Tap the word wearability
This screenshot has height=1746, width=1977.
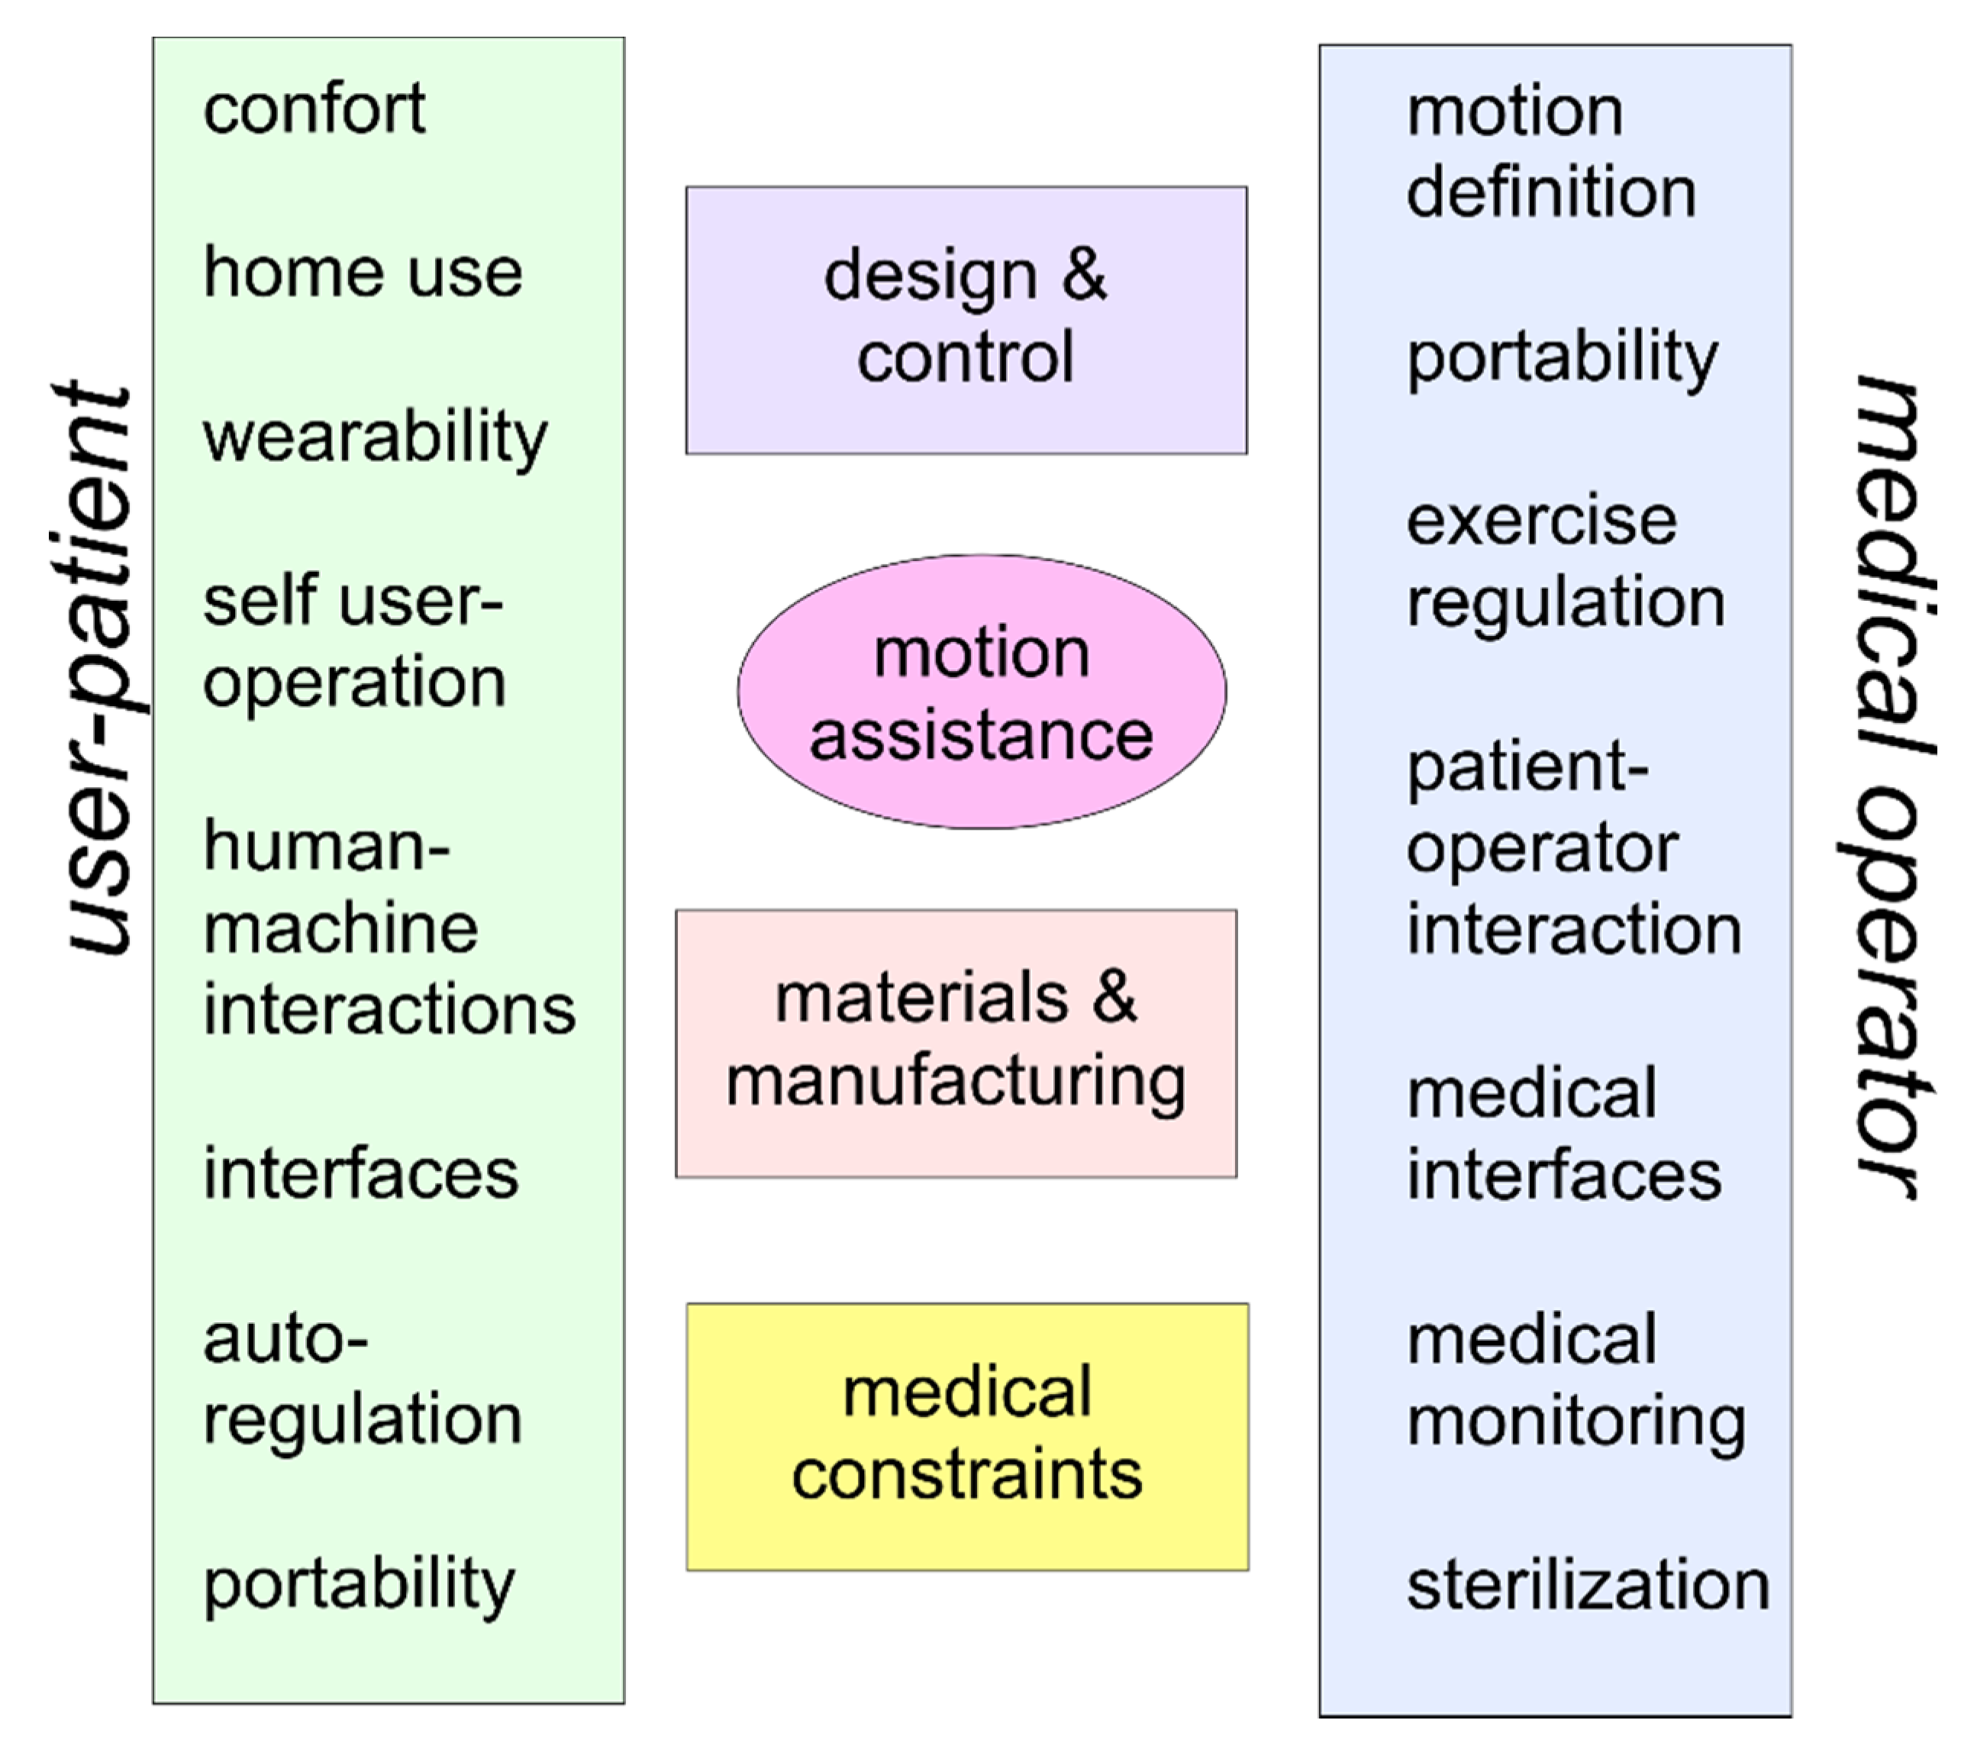(x=376, y=437)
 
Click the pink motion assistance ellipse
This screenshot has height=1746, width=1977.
(x=982, y=692)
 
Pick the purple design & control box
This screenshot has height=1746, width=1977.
(x=966, y=320)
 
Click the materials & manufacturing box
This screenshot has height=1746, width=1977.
(x=956, y=1043)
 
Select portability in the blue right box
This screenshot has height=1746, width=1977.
(x=1562, y=357)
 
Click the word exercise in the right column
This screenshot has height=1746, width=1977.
(x=1542, y=521)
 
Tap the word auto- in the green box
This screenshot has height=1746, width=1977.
(x=285, y=1340)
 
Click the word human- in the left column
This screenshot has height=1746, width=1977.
(x=327, y=845)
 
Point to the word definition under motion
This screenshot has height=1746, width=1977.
(x=1551, y=192)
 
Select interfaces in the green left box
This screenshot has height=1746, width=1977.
(x=361, y=1174)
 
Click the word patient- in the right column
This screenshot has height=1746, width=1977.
(x=1527, y=768)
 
